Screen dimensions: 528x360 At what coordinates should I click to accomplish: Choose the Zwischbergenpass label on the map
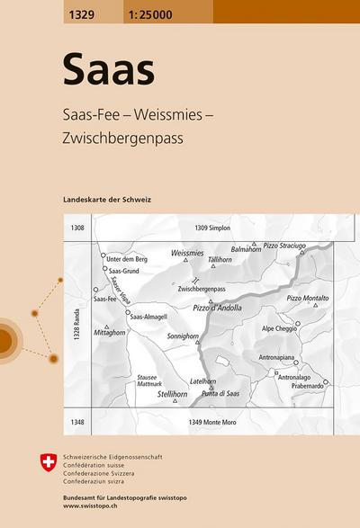(x=202, y=289)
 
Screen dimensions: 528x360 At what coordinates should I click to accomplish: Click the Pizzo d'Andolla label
(x=217, y=309)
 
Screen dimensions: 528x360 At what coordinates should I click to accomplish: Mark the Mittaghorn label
(x=122, y=332)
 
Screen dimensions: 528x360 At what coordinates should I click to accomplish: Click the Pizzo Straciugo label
(x=285, y=245)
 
